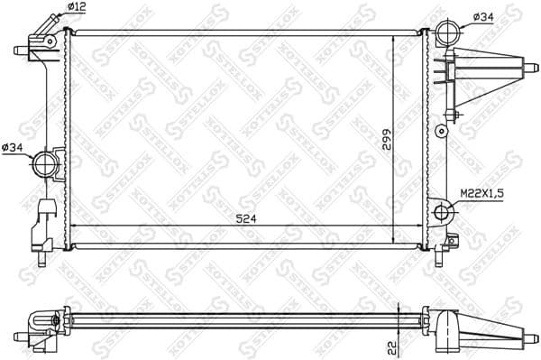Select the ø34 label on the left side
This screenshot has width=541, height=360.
[x=14, y=148]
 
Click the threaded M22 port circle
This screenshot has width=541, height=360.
[x=443, y=213]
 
